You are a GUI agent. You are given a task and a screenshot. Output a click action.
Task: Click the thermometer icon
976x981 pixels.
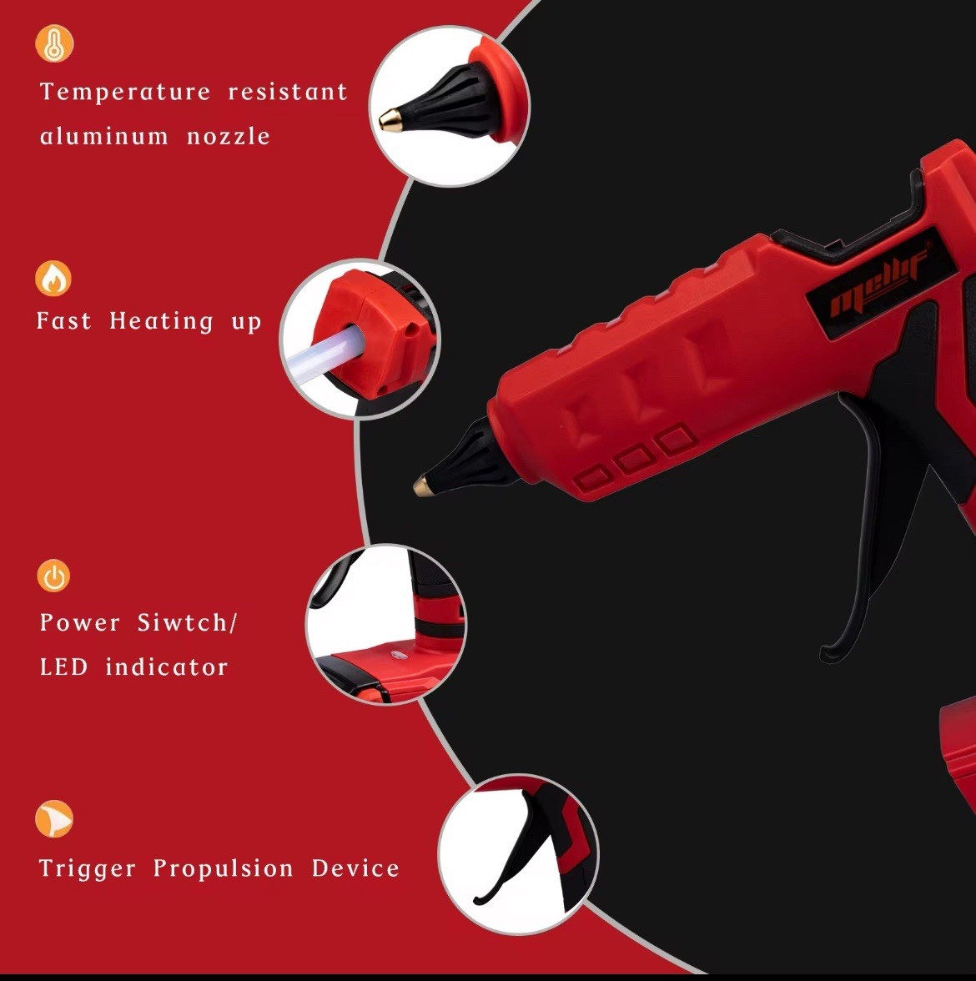(x=54, y=43)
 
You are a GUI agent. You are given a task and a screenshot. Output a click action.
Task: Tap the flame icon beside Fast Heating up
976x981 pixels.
(x=53, y=279)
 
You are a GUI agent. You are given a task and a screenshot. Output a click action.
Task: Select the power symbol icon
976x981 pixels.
(x=54, y=576)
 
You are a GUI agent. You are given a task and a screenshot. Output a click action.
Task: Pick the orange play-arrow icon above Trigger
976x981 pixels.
(x=54, y=819)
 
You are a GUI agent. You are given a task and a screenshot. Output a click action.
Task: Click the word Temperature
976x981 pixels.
(x=125, y=92)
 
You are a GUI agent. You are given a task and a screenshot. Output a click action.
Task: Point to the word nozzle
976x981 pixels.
(x=229, y=136)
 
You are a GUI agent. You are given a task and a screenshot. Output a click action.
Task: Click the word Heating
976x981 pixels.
(x=162, y=321)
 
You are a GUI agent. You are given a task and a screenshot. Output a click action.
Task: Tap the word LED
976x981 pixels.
(x=63, y=667)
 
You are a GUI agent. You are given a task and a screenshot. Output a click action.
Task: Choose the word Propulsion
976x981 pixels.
(x=223, y=868)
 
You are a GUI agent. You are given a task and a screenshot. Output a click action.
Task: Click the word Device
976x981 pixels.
(x=355, y=868)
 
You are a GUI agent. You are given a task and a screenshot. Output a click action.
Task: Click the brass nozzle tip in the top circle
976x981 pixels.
(x=389, y=119)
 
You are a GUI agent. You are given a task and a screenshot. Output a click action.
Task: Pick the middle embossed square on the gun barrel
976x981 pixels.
(x=636, y=458)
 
